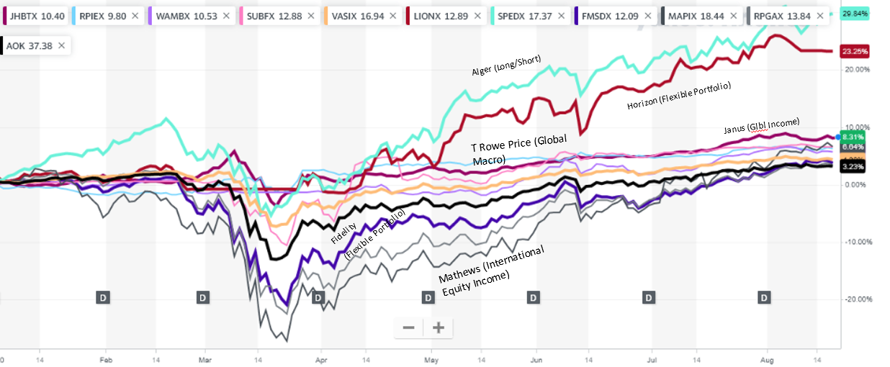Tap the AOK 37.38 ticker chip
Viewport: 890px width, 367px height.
29,45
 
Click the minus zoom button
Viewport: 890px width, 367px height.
408,328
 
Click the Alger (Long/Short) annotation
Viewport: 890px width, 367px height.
505,65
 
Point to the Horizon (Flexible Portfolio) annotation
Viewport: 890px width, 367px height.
678,95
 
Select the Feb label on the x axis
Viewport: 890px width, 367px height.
106,358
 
